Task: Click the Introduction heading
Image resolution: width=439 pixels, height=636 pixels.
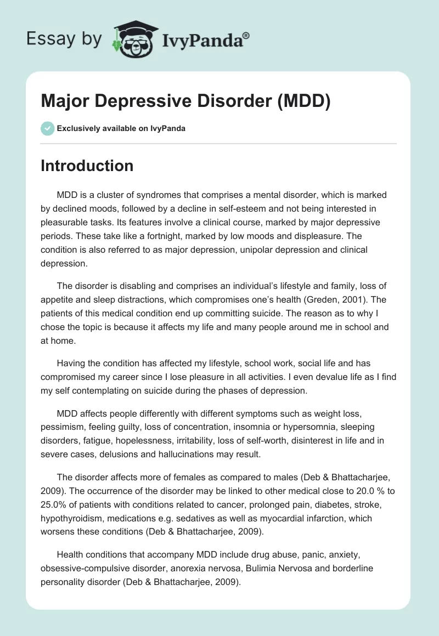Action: (x=87, y=166)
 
